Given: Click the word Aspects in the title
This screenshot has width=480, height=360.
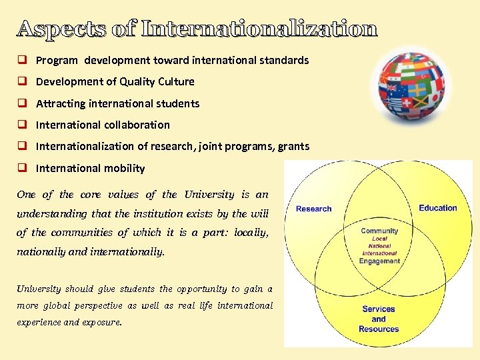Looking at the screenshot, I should [x=60, y=29].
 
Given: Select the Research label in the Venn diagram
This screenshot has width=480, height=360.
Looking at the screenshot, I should [x=313, y=209].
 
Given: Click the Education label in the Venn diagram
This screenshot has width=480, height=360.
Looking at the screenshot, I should [x=438, y=208].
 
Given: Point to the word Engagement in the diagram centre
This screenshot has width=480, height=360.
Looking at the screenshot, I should [x=379, y=261].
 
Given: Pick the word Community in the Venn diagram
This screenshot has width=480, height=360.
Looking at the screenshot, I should [x=379, y=231].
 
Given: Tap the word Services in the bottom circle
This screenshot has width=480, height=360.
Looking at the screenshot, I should [x=379, y=309].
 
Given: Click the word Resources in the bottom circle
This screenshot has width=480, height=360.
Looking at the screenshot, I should [x=379, y=329].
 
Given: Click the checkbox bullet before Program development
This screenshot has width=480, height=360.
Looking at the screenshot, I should [x=22, y=60].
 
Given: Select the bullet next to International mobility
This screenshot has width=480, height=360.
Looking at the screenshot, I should [x=22, y=168].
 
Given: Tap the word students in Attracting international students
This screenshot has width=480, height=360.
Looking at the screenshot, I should [x=179, y=103].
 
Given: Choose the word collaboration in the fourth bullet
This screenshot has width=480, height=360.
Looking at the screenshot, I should [x=137, y=125].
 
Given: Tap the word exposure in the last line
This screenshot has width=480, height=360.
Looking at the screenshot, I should [x=104, y=322].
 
